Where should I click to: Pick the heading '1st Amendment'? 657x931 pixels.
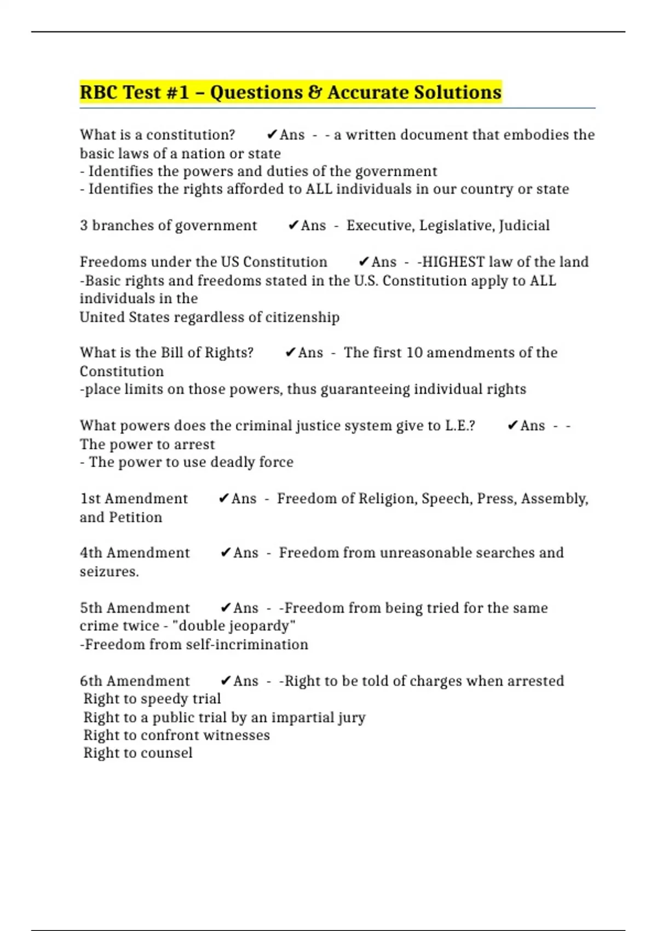(x=134, y=499)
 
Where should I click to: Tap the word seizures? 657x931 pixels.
(x=109, y=572)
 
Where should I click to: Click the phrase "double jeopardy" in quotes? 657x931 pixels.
(x=234, y=626)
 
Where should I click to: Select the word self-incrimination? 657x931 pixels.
(x=247, y=645)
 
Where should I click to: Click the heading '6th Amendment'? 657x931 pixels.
(x=135, y=681)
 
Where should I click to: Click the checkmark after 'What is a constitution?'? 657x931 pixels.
(x=272, y=135)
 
